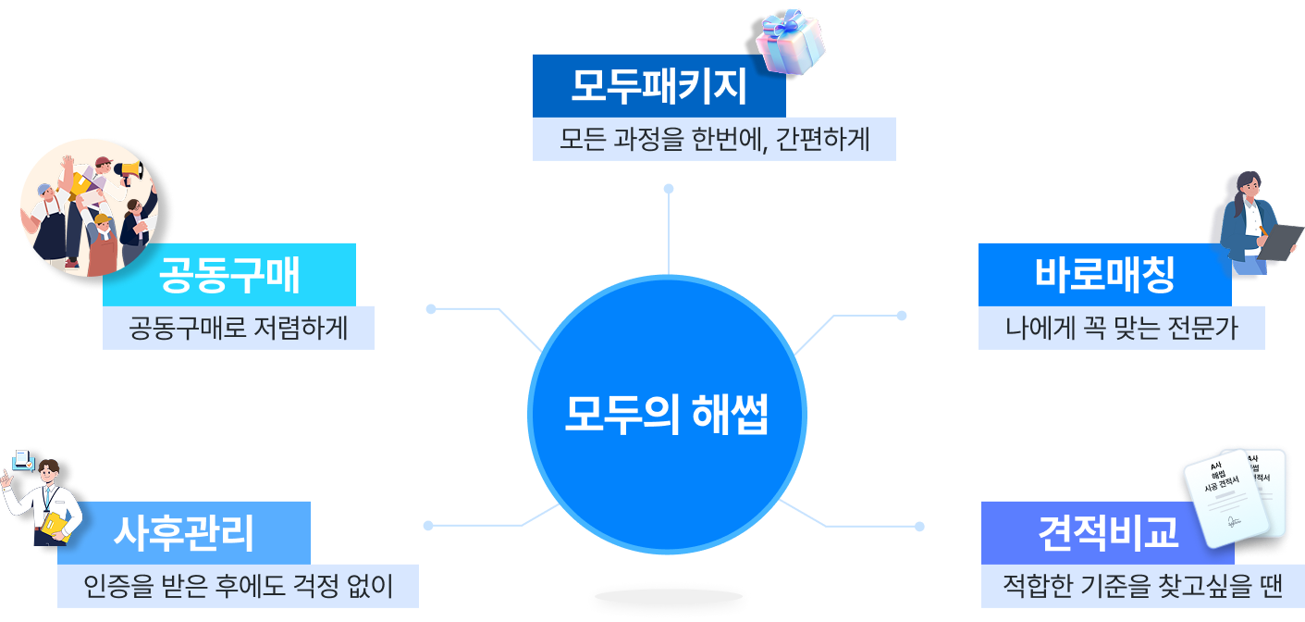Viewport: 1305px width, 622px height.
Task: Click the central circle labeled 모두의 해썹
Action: coord(667,416)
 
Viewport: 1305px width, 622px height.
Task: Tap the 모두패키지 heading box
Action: coord(659,86)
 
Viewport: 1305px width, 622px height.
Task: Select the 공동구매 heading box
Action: coord(229,274)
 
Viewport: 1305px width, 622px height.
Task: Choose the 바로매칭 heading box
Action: coord(1104,274)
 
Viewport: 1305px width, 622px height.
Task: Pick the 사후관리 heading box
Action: coord(183,532)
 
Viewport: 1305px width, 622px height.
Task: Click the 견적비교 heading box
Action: coord(1107,532)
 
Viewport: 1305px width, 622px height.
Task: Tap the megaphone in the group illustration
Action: coord(127,169)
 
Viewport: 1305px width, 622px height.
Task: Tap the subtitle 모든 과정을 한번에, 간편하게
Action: coord(714,139)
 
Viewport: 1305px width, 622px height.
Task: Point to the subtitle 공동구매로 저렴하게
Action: coord(239,328)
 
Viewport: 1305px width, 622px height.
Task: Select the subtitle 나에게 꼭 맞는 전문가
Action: coord(1121,328)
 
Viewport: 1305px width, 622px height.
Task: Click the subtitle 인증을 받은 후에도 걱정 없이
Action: coord(238,586)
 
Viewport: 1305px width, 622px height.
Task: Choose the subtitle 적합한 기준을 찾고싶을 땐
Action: coord(1142,586)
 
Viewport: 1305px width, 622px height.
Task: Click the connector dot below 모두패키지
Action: coord(668,189)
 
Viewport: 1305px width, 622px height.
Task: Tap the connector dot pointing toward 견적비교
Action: coord(919,527)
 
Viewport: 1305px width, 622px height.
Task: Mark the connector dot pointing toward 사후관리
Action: coord(428,526)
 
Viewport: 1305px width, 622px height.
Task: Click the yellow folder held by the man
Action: coord(56,525)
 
